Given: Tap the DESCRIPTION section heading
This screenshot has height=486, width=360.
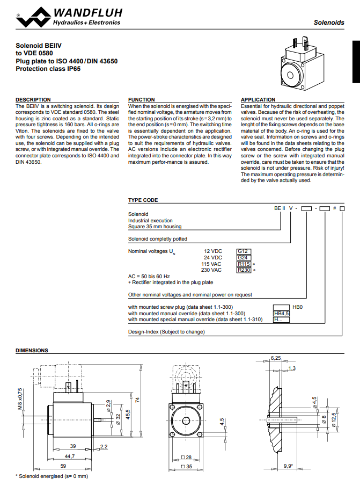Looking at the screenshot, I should [x=33, y=100].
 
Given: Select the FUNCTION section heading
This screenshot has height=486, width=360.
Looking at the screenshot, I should [x=142, y=100].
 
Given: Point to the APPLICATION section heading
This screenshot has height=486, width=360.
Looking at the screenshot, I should [x=258, y=100].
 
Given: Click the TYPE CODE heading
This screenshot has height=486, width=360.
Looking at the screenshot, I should [x=143, y=200].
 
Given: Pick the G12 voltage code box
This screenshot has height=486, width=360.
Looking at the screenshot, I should [x=244, y=251].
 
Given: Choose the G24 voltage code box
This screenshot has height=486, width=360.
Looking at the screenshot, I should [x=244, y=257].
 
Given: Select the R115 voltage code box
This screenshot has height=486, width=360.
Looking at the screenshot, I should [x=244, y=264].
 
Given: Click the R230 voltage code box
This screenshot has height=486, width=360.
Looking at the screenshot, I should [x=244, y=271].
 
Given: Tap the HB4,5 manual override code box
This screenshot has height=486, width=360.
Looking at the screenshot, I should [x=282, y=313].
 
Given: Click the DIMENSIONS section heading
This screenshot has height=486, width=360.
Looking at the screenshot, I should [x=32, y=351].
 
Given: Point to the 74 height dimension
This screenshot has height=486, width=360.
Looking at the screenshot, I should [x=137, y=400].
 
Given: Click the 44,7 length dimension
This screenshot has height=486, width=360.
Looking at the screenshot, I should [x=70, y=455].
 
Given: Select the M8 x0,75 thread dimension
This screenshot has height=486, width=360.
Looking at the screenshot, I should [x=20, y=398].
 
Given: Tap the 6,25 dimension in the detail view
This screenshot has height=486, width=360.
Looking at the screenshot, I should [x=276, y=357].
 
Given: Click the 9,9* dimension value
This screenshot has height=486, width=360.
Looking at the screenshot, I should [x=288, y=466].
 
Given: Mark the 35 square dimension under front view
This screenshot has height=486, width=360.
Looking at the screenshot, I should [x=188, y=466].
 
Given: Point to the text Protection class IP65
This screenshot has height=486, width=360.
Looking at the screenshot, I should [x=48, y=69].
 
